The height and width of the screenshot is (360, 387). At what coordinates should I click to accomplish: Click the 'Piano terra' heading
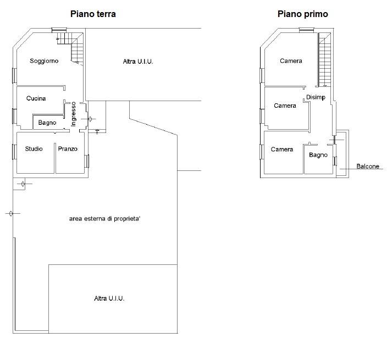pos(93,14)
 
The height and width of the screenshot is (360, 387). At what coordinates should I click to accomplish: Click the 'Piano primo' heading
pos(303,14)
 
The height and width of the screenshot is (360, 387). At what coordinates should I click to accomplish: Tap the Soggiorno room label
pos(44,61)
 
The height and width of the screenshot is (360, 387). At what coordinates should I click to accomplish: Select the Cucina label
pos(36,98)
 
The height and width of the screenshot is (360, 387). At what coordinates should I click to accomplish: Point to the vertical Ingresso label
pos(73,114)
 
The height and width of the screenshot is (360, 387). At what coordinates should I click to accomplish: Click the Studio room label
pos(34,149)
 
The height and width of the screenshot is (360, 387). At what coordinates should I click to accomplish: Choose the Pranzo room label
pos(68,149)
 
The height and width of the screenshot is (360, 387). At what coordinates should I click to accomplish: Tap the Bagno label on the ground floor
pos(47,123)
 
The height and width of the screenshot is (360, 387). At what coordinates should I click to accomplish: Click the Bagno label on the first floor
pos(318,155)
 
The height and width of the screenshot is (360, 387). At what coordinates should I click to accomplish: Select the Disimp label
pos(316,97)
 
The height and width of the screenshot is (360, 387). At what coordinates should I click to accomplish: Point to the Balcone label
pos(368,167)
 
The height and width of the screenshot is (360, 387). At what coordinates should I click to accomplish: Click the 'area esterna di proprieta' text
pos(104,219)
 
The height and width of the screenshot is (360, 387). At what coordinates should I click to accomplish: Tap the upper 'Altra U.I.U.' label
pos(138,62)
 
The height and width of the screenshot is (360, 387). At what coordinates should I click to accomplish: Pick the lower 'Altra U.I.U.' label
pos(109,298)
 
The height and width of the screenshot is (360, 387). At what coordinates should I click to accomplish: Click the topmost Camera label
pos(291,61)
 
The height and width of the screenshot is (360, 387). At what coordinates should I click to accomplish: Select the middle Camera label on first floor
pos(285,106)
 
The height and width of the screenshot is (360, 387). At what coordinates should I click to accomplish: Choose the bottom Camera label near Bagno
pos(282,149)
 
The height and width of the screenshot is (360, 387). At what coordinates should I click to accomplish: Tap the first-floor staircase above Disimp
pos(325,60)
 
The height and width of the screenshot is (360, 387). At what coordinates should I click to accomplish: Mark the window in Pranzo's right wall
pos(87,161)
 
